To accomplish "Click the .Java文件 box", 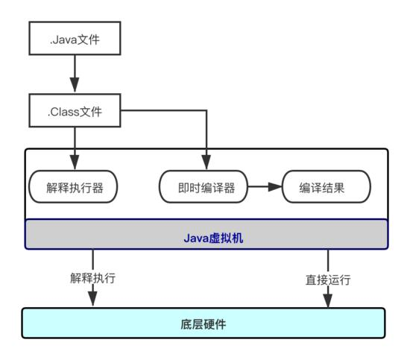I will [x=74, y=38].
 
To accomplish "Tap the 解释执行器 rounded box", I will [x=74, y=187].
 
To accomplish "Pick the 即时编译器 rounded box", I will [x=203, y=187].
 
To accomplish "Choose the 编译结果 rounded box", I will [x=325, y=187].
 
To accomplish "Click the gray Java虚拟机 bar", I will [x=206, y=234].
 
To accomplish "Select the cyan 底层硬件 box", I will [x=204, y=323].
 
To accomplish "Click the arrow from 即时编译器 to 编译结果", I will [x=264, y=187].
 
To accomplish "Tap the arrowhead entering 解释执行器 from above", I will [x=74, y=162].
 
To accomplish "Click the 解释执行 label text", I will [x=93, y=278].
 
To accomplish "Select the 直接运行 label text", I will [x=328, y=280].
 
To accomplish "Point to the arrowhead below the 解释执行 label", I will [x=93, y=299].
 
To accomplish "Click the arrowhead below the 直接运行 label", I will [x=328, y=300].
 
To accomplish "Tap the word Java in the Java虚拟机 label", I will [x=195, y=239].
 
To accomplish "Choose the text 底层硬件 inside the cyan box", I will [x=204, y=324].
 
